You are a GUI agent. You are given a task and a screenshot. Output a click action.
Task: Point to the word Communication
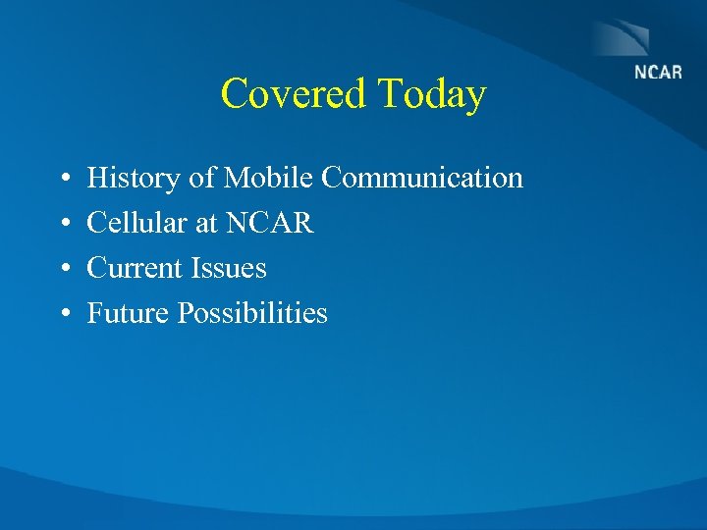click(422, 179)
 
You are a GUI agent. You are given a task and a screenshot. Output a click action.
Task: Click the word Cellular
click(137, 224)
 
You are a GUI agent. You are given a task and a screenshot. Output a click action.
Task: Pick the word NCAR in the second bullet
click(270, 224)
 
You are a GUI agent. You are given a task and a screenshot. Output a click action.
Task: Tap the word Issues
click(230, 269)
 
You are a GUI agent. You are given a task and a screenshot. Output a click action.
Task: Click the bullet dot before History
click(63, 180)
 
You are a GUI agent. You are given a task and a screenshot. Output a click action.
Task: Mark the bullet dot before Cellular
click(63, 225)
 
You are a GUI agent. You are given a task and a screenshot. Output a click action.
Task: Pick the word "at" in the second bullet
click(206, 224)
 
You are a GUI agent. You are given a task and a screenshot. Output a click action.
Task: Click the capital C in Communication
click(331, 179)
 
